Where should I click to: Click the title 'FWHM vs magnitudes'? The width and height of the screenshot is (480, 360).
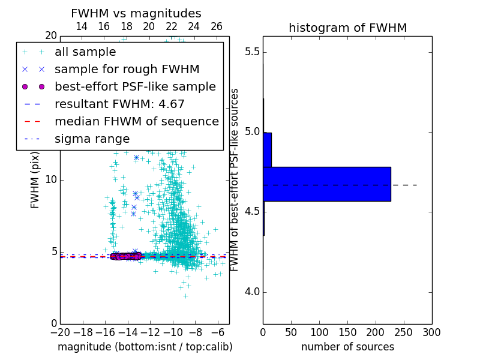coord(136,13)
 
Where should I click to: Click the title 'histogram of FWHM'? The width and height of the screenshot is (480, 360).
coord(347,28)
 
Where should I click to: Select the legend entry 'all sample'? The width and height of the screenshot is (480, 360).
coord(85,52)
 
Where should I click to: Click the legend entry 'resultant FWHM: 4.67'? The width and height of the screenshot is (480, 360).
coord(119,104)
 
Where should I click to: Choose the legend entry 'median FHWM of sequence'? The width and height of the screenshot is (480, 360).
coord(136,122)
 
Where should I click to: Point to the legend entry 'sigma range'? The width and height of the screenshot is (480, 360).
coord(92,139)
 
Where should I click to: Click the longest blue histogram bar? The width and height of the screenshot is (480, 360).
coord(327,184)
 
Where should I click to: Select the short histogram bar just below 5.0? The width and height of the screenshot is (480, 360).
coord(268,149)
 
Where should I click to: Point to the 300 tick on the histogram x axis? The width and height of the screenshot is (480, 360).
coord(431,332)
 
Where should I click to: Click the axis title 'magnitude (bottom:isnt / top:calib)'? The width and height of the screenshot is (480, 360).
coord(145,347)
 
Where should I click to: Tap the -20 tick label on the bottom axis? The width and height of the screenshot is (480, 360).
coord(60,332)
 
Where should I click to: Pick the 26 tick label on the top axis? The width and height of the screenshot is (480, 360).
coord(217,26)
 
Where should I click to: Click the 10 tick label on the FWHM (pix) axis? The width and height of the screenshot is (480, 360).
coord(50,180)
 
